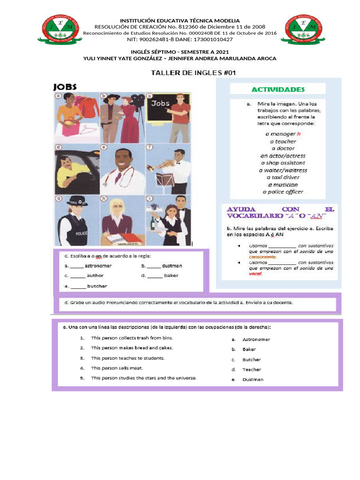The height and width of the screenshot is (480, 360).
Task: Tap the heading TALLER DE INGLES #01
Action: (x=193, y=73)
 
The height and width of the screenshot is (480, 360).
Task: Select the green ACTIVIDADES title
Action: (x=278, y=89)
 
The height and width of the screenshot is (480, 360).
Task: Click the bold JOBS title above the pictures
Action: (x=65, y=87)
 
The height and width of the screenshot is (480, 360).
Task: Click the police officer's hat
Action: (x=76, y=201)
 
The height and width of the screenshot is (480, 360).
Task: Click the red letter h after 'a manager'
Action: (x=299, y=134)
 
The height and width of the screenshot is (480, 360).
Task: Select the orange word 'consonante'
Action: (x=263, y=257)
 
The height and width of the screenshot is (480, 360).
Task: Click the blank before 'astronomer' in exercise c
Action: (x=77, y=266)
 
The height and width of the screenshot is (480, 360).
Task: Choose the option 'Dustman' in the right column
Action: (x=253, y=380)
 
